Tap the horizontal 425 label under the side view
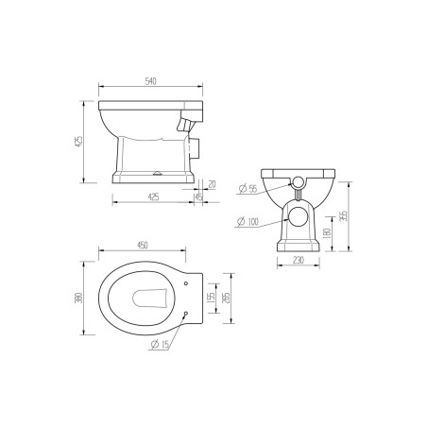click(153, 196)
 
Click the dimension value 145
click(200, 196)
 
